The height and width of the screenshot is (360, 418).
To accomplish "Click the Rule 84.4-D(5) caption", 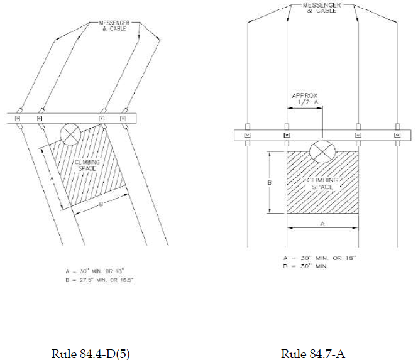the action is [91, 354].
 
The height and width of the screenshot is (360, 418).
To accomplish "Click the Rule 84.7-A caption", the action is [313, 354].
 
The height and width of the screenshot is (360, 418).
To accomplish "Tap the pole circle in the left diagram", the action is [70, 134].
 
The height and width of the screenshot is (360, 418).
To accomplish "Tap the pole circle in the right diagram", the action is [322, 151].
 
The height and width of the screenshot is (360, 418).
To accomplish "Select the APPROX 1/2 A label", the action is [305, 99].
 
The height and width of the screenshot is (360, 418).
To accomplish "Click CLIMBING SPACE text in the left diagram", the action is [87, 165].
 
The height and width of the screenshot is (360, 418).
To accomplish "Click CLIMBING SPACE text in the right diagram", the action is [322, 183].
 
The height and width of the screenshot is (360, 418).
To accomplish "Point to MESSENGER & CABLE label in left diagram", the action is [114, 26].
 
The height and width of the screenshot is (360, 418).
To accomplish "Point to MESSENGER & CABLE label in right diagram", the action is [322, 8].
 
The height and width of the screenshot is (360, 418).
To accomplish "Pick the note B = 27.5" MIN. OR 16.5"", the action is [99, 280].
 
